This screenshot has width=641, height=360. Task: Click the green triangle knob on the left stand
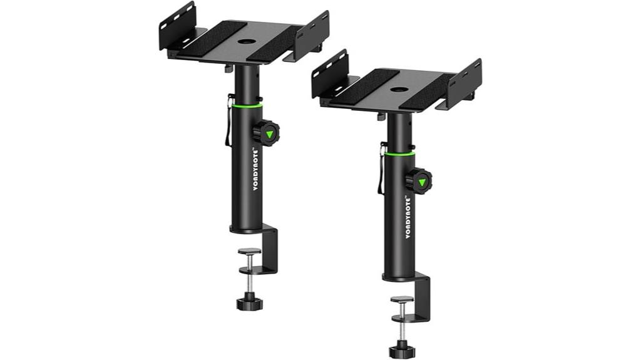coord(268,134)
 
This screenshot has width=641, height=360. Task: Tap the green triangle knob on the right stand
coord(421,182)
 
